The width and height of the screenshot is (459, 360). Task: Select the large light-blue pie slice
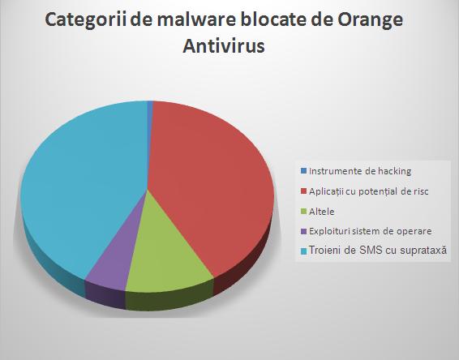pos(82,182)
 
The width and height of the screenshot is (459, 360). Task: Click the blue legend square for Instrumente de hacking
pos(303,170)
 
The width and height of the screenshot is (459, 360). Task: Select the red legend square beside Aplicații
pos(303,191)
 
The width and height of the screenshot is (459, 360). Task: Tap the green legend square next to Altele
pos(303,212)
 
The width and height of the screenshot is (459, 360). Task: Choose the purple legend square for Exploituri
pos(303,231)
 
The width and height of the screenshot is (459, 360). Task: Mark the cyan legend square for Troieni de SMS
pos(303,251)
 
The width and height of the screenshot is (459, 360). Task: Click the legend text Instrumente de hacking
pos(360,171)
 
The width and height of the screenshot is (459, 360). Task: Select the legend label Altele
pos(322,212)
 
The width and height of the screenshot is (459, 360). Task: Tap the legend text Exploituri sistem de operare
pos(371,231)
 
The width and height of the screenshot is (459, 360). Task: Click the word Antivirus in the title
pos(224,46)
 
